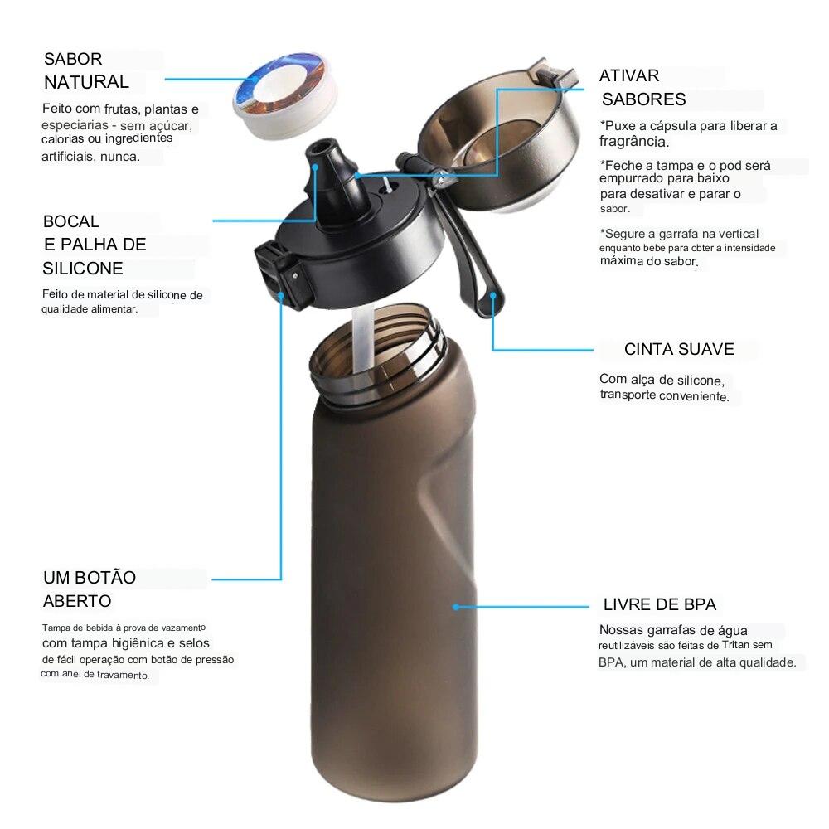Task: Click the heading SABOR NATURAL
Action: tap(86, 70)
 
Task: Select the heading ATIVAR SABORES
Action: tap(642, 87)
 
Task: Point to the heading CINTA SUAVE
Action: tap(679, 349)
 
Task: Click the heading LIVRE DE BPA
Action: tap(660, 604)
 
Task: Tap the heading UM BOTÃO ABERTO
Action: tap(90, 589)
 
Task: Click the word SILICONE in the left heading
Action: tap(83, 269)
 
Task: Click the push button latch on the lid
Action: tap(278, 274)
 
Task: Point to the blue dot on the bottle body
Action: tap(456, 607)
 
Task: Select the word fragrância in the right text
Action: tap(634, 142)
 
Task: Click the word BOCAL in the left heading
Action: tap(70, 221)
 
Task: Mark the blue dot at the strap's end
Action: tap(492, 294)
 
